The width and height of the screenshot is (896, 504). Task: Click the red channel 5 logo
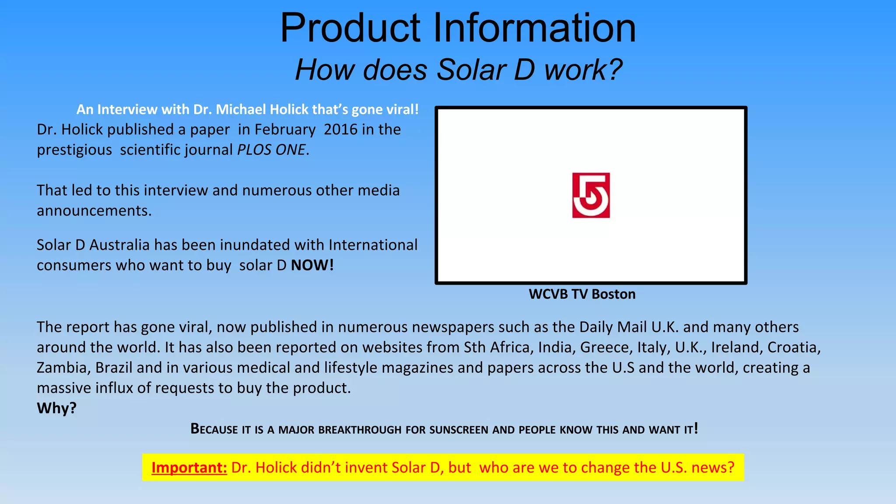591,195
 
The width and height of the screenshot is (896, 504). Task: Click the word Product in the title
350,28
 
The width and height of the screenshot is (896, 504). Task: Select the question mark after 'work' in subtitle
614,70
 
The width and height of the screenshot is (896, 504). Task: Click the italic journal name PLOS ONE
271,150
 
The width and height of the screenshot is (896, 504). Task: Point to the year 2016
340,129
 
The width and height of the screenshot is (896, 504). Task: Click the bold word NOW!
312,265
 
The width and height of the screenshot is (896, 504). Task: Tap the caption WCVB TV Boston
582,294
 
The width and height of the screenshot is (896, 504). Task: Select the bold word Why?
57,408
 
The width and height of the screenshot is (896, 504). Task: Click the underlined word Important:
189,468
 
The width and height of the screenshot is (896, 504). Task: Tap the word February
285,129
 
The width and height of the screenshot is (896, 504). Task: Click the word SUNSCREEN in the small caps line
459,430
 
